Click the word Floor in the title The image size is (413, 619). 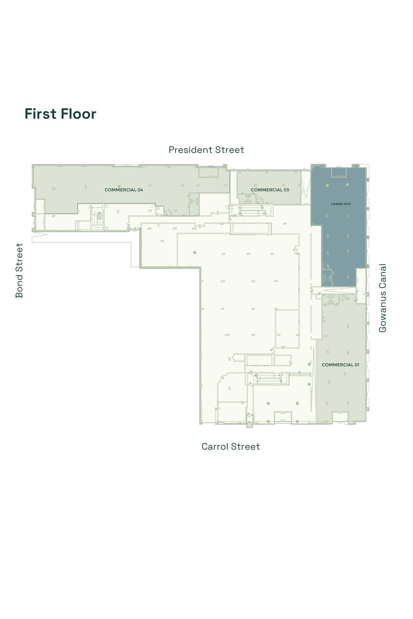coord(78,114)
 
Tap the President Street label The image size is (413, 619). coord(206,150)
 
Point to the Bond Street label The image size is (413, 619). coord(19,271)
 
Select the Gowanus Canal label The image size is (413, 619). coord(383,298)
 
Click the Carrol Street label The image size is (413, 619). coord(231,447)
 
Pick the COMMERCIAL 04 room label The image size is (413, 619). coord(124,190)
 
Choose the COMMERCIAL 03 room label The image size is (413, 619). coord(270,190)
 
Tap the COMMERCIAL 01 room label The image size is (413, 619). coord(340,365)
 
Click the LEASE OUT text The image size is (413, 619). coord(341,204)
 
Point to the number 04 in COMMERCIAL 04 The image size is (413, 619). coord(140,190)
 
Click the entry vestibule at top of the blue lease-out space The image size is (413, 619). coord(339,172)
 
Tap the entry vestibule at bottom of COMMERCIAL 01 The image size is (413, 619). coord(340,417)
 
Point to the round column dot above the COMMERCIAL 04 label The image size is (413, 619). coord(119,186)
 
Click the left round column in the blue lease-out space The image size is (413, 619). coord(327,185)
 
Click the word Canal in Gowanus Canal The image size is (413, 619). coord(383,276)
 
